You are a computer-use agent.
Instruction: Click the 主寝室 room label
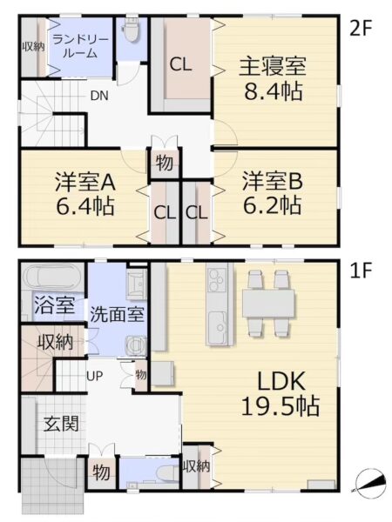(x=273, y=66)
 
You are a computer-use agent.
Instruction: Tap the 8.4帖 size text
(x=274, y=91)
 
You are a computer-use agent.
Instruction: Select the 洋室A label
(x=85, y=182)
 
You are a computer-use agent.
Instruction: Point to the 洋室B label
(x=273, y=181)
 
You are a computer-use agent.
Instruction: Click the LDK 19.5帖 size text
(x=280, y=406)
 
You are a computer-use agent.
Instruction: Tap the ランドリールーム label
(x=80, y=47)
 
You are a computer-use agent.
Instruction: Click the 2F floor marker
(x=361, y=30)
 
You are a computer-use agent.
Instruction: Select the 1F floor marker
(x=361, y=272)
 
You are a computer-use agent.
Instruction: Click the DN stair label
(x=99, y=96)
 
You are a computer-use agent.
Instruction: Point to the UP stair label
(x=95, y=376)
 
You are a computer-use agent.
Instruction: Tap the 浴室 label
(x=54, y=305)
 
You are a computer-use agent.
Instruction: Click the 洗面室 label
(x=117, y=313)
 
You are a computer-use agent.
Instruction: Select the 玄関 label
(x=61, y=424)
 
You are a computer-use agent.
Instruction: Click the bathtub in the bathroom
(x=53, y=278)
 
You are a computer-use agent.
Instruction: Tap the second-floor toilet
(x=131, y=30)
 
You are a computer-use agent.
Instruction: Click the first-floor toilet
(x=166, y=473)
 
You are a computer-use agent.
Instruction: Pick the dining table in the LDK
(x=268, y=303)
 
